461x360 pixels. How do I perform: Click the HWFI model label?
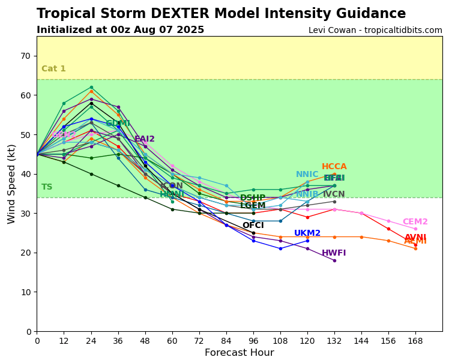click(x=334, y=253)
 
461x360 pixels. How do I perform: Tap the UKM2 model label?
click(x=307, y=233)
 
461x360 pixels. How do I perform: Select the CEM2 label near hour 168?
click(x=415, y=222)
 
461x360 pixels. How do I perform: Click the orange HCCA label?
click(x=334, y=167)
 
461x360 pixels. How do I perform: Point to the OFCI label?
click(x=253, y=226)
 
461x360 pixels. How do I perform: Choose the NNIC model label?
click(x=307, y=175)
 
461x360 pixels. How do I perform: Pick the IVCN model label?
click(x=334, y=194)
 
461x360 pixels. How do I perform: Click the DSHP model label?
click(x=253, y=198)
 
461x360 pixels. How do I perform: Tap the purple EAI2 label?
click(x=145, y=139)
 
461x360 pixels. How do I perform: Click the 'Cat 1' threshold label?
click(x=53, y=69)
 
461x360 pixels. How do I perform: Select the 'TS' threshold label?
click(x=47, y=187)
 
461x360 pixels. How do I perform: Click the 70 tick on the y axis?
click(x=26, y=56)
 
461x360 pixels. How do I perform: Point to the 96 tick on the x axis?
click(x=253, y=341)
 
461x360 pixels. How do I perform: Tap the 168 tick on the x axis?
click(x=415, y=341)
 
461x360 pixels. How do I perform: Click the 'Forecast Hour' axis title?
click(x=239, y=353)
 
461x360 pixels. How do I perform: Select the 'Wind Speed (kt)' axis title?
click(x=12, y=184)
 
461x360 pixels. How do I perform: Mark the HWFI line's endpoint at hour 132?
click(x=334, y=260)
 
